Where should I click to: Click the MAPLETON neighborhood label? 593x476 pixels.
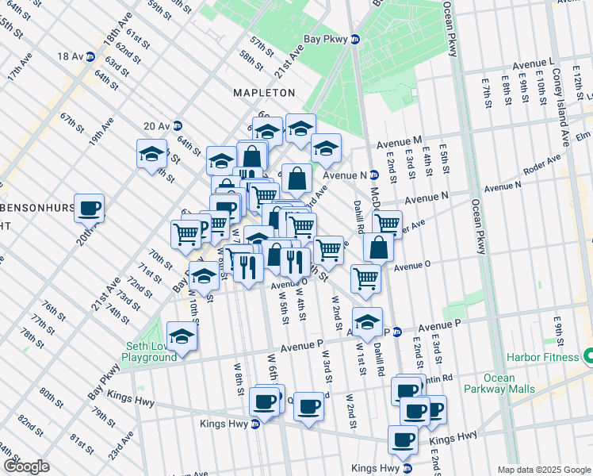click(264, 93)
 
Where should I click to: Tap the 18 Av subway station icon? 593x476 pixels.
click(90, 56)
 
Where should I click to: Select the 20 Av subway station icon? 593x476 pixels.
click(178, 125)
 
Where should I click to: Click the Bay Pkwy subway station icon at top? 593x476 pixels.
click(355, 39)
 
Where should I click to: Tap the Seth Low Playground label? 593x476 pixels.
click(151, 351)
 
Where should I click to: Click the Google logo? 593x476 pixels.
click(26, 466)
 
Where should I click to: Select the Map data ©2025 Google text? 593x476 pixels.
click(543, 470)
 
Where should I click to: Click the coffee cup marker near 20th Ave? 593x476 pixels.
click(90, 208)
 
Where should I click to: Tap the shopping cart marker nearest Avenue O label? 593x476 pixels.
click(365, 278)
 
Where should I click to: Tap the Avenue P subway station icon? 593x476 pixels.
click(398, 332)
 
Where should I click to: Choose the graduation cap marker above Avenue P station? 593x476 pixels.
click(367, 321)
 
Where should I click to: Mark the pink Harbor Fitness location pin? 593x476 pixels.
click(587, 353)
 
